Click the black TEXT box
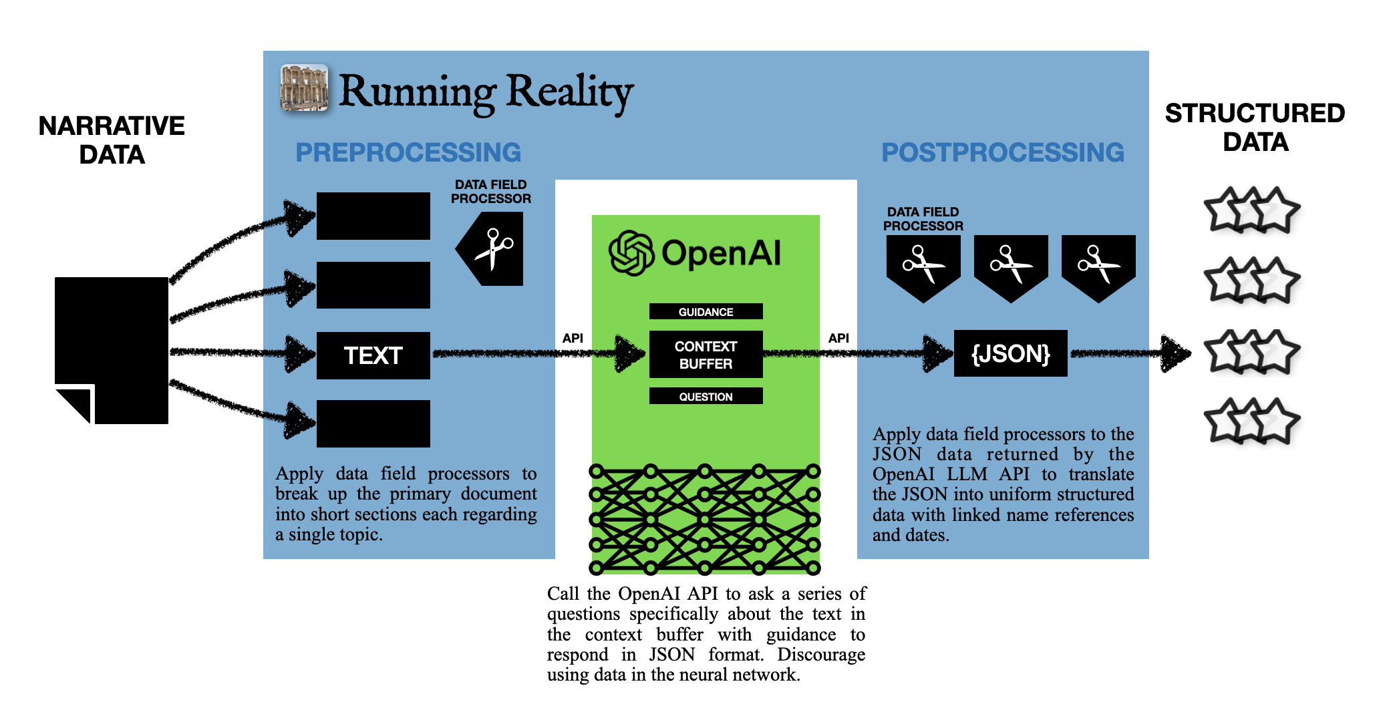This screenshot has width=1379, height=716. tap(373, 355)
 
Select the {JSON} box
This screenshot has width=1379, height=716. tap(1010, 353)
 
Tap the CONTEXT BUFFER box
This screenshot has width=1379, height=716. tap(706, 355)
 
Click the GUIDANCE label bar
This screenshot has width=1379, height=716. tap(706, 312)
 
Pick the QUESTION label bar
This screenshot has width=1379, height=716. tap(706, 396)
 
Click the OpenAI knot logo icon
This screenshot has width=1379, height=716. tap(631, 253)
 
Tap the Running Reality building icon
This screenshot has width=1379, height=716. tap(304, 87)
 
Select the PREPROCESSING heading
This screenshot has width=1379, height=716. tap(408, 152)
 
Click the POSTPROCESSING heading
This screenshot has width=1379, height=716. tap(1002, 152)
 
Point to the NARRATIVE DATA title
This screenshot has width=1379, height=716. tap(112, 140)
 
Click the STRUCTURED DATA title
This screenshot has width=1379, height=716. tap(1255, 128)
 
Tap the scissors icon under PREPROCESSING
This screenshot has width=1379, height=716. tap(492, 249)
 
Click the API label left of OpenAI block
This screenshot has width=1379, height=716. tap(573, 338)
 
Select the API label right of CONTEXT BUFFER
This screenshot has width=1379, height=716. tap(838, 338)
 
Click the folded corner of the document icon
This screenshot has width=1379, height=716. tap(75, 404)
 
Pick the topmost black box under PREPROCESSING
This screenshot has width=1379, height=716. tap(373, 216)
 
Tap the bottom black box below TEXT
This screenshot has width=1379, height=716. tap(373, 423)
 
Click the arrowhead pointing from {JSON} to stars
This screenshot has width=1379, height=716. tap(1175, 353)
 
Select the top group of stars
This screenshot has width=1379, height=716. tap(1251, 210)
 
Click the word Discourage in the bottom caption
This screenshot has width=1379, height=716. tap(821, 655)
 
